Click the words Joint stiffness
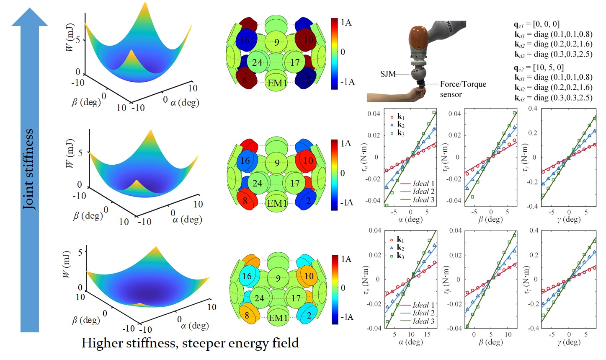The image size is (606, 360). pyautogui.click(x=29, y=169)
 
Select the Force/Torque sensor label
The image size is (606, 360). pyautogui.click(x=462, y=89)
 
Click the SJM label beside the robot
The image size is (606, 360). pyautogui.click(x=388, y=74)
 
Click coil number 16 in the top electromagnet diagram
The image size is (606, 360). pyautogui.click(x=245, y=40)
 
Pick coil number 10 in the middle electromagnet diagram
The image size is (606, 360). pyautogui.click(x=308, y=161)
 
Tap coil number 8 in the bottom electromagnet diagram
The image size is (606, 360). pyautogui.click(x=247, y=316)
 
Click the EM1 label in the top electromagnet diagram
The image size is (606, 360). pyautogui.click(x=277, y=83)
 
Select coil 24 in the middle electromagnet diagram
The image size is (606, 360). pyautogui.click(x=257, y=183)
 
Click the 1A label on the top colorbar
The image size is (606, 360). pyautogui.click(x=346, y=23)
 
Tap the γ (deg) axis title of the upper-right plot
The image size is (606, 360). pyautogui.click(x=569, y=219)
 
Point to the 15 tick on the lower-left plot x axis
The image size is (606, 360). pyautogui.click(x=427, y=334)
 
